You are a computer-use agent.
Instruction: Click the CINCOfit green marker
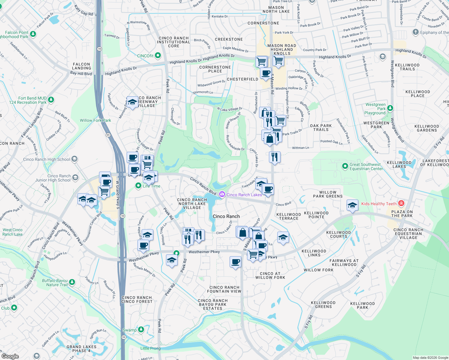[x=158, y=55]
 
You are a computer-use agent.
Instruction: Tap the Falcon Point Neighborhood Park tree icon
[x=33, y=34]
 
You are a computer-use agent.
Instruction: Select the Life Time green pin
[x=138, y=186]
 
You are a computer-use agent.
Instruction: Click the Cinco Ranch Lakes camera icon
[x=222, y=194]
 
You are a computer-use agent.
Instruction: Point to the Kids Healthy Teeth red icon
[x=401, y=203]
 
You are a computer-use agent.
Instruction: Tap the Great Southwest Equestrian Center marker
[x=345, y=166]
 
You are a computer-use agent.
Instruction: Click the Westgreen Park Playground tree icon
[x=390, y=108]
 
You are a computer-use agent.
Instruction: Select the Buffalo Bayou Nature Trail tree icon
[x=72, y=282]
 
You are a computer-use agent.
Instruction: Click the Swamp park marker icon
[x=141, y=330]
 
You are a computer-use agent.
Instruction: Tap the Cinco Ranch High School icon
[x=75, y=159]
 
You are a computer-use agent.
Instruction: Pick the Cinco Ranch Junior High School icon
[x=75, y=178]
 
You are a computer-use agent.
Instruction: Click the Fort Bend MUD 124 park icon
[x=51, y=100]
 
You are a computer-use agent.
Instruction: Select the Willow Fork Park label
[x=95, y=120]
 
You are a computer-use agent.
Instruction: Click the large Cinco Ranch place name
[x=226, y=216]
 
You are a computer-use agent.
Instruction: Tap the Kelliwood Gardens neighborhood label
[x=426, y=128]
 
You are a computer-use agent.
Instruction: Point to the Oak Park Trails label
[x=321, y=127]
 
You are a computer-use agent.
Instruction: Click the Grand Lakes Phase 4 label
[x=81, y=349]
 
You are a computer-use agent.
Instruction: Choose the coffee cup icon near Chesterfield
[x=266, y=73]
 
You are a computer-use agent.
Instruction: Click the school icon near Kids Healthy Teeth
[x=352, y=205]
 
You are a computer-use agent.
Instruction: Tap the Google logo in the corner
[x=10, y=356]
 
